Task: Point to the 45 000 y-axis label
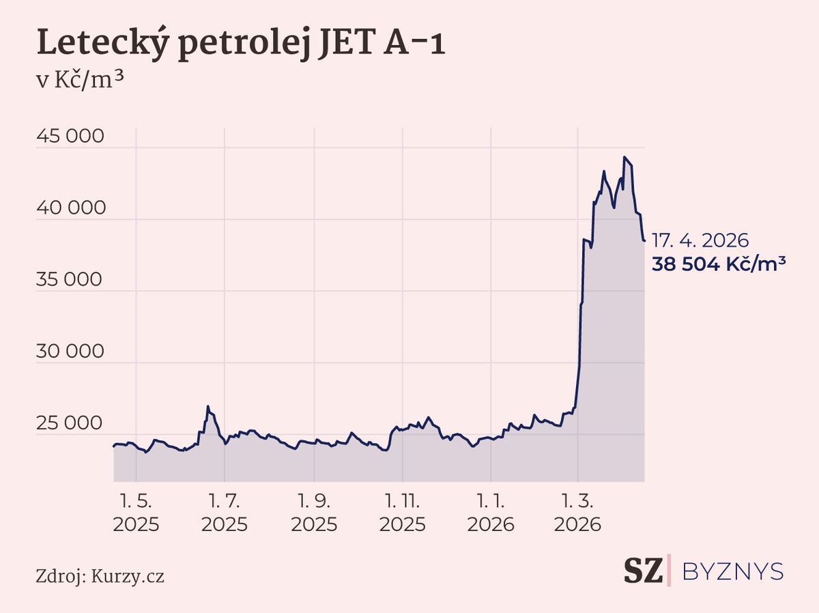click(x=70, y=137)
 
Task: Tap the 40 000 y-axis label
click(x=70, y=209)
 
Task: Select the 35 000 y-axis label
click(x=70, y=281)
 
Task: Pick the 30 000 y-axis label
click(x=70, y=352)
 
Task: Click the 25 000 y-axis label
click(x=70, y=424)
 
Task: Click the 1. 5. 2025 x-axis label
click(x=136, y=514)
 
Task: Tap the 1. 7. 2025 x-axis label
click(x=225, y=514)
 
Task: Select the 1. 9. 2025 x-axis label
click(x=314, y=514)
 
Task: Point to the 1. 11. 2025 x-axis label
click(x=403, y=514)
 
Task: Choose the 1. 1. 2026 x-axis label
click(x=491, y=514)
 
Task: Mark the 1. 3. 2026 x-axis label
click(x=577, y=514)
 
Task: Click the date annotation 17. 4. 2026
click(x=700, y=241)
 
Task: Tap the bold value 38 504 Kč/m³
click(x=718, y=263)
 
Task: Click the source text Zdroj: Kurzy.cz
click(x=100, y=576)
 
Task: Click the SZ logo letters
click(x=643, y=571)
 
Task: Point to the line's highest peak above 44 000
click(x=624, y=157)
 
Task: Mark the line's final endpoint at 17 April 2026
click(x=644, y=240)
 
